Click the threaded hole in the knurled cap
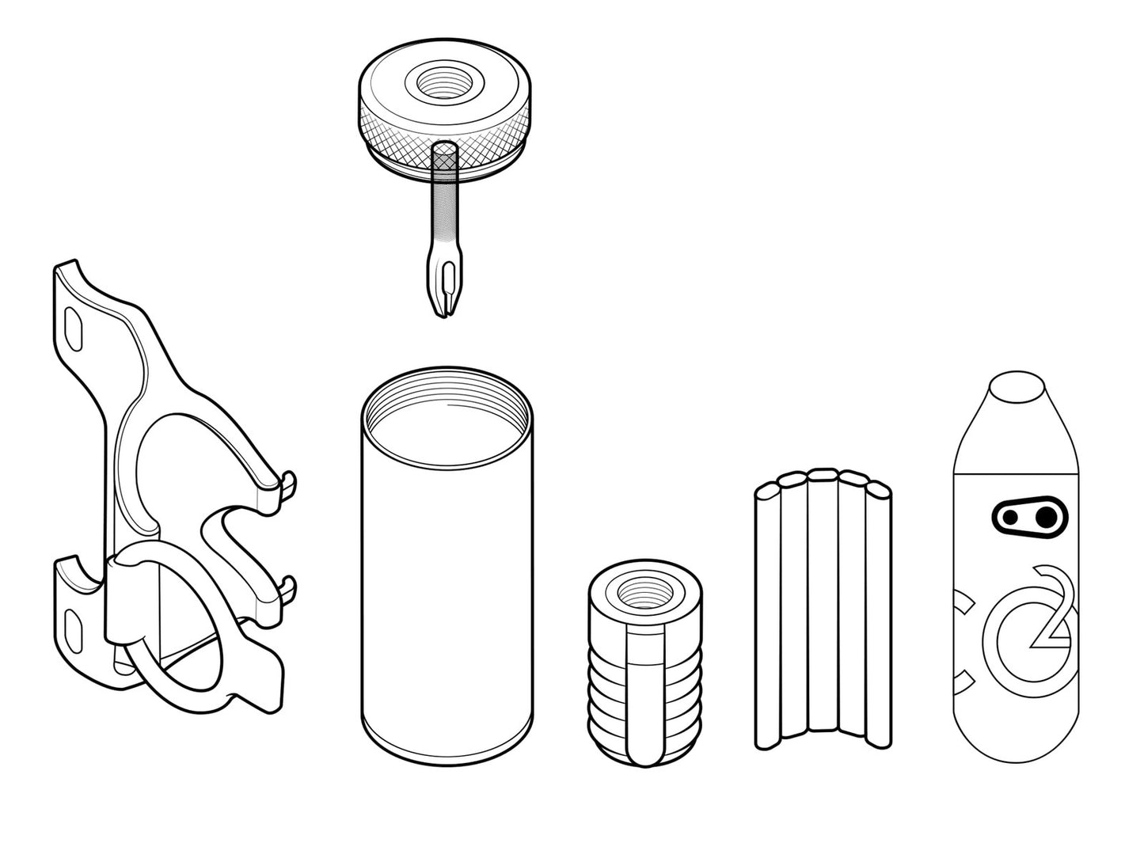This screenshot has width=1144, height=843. pyautogui.click(x=443, y=83)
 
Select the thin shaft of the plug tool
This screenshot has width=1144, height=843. pyautogui.click(x=445, y=215)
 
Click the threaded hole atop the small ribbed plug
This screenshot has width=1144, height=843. pyautogui.click(x=644, y=594)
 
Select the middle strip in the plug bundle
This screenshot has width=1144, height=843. pyautogui.click(x=823, y=602)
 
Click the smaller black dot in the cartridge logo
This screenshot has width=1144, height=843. pyautogui.click(x=1009, y=518)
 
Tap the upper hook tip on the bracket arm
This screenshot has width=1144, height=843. pyautogui.click(x=287, y=484)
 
